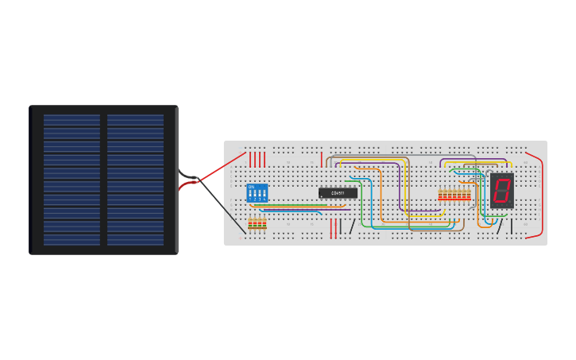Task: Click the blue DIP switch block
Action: click(257, 192)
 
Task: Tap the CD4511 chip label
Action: click(338, 193)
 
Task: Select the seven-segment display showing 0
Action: click(501, 191)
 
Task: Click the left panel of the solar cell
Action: click(72, 180)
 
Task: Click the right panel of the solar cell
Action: click(136, 180)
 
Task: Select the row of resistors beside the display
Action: click(454, 195)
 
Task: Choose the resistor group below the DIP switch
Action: click(257, 224)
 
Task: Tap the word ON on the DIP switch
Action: click(252, 187)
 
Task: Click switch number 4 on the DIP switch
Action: click(264, 195)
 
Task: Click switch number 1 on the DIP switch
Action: click(250, 195)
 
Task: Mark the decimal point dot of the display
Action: click(509, 202)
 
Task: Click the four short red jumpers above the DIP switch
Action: click(257, 159)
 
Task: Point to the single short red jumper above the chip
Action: click(322, 158)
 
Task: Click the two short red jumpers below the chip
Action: click(333, 227)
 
